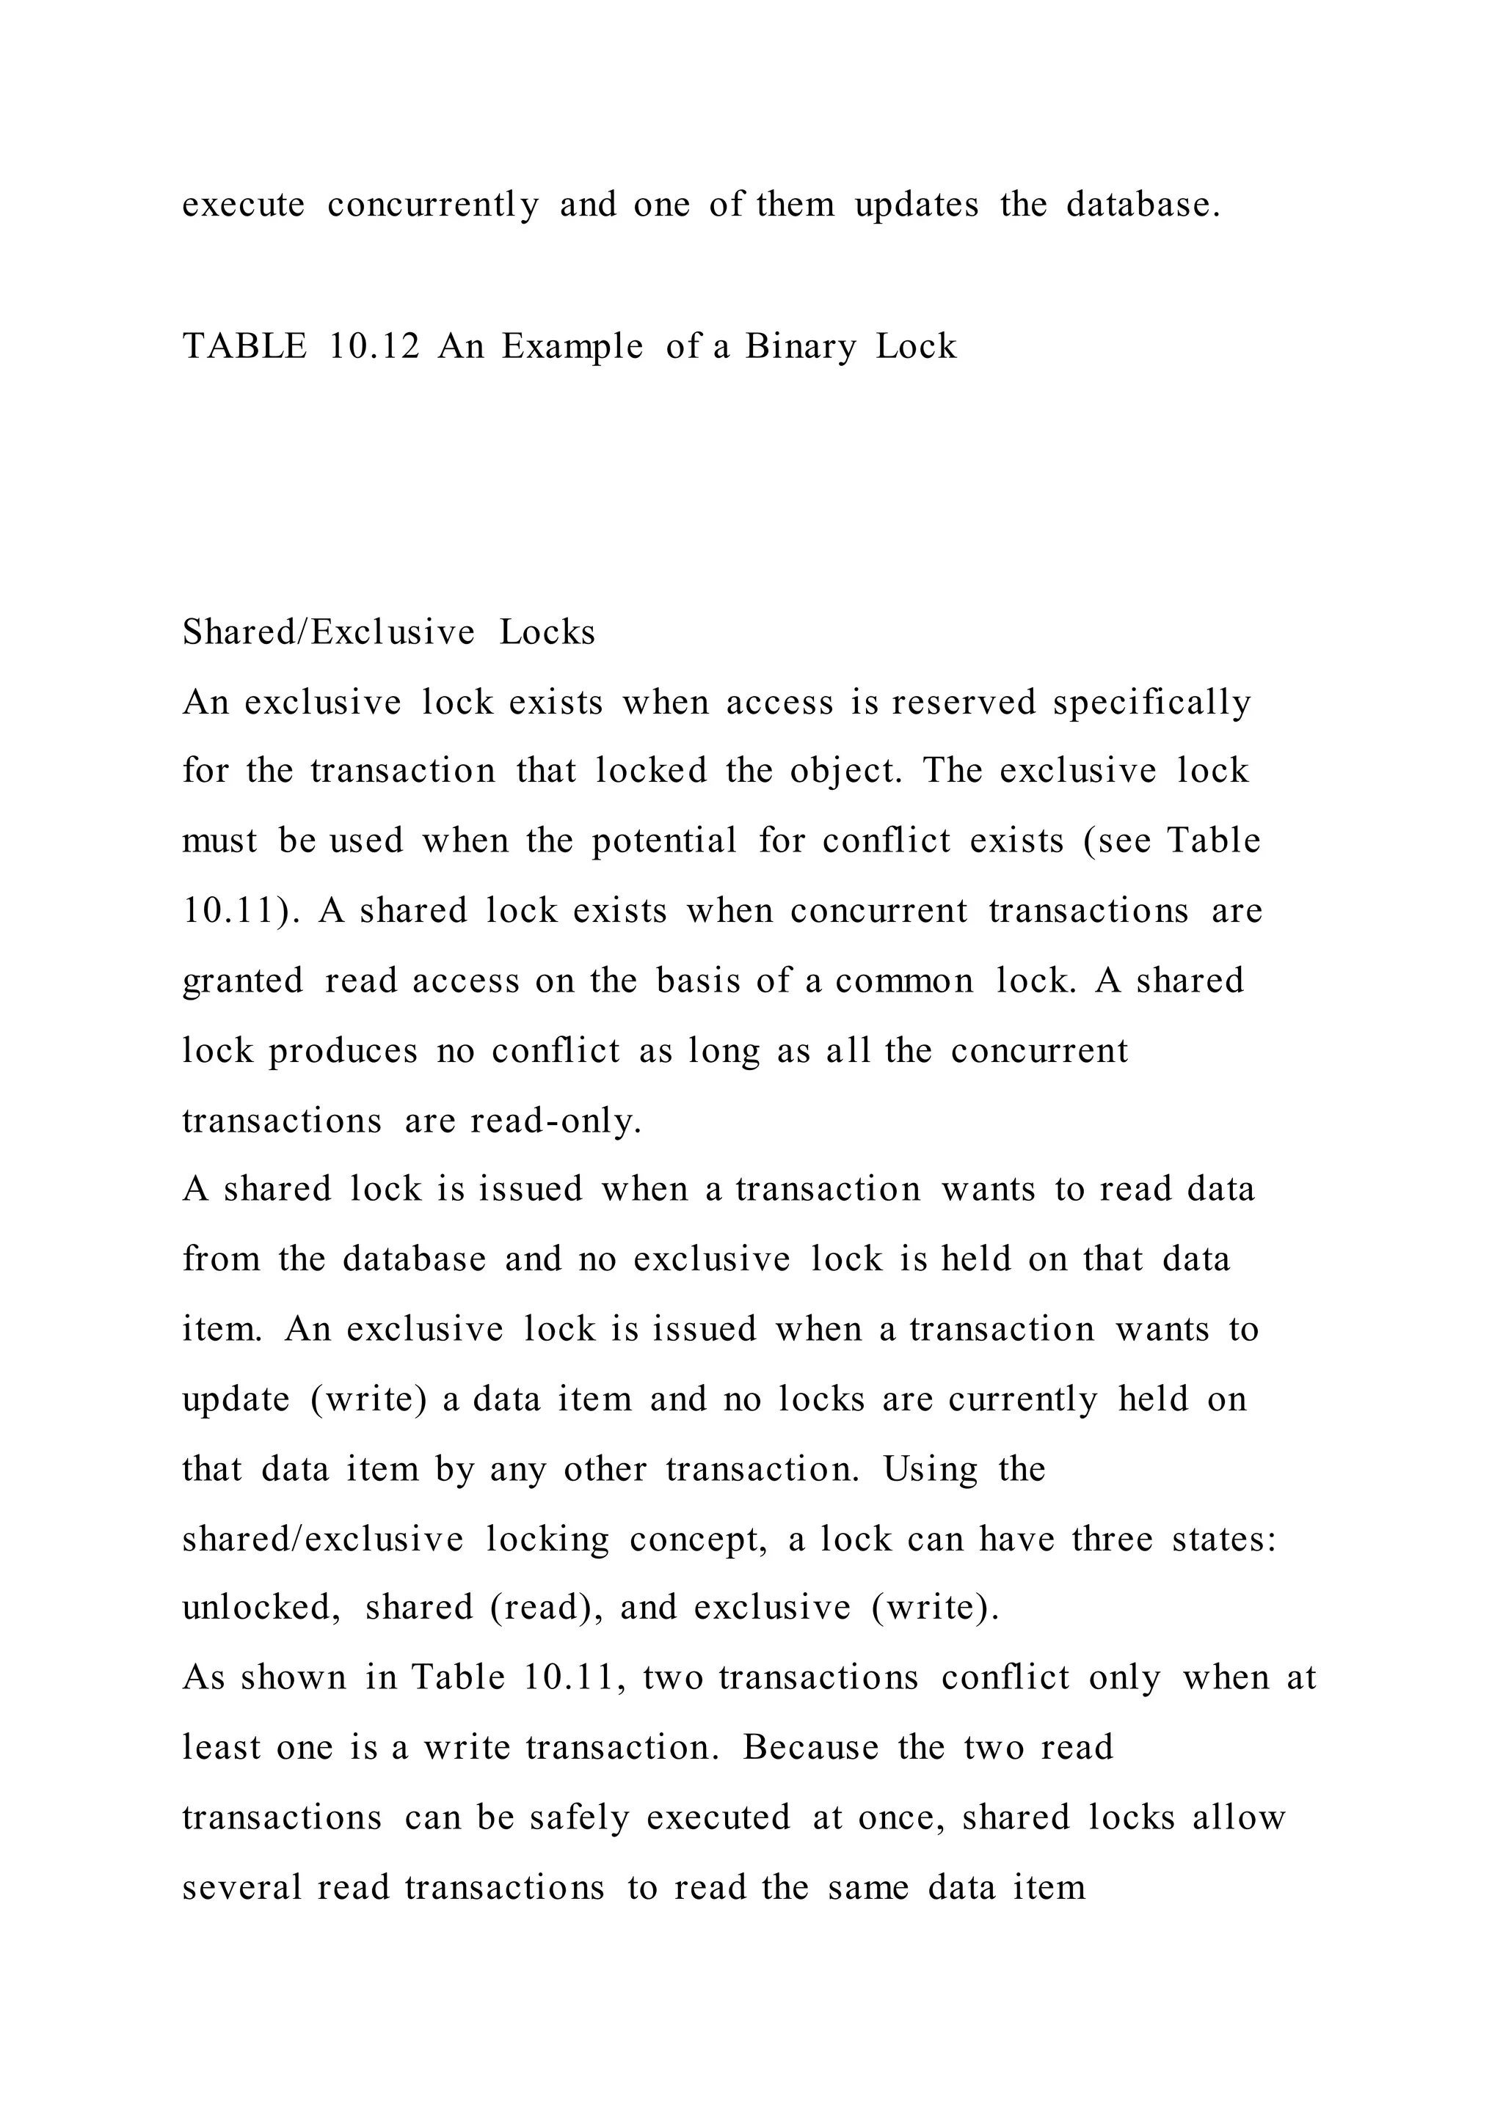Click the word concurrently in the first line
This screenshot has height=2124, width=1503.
(433, 205)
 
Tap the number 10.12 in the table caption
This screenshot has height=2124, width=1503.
(374, 347)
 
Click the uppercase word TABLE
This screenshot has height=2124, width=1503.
(244, 347)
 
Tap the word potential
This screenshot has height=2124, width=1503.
(664, 841)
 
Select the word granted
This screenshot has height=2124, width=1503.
(242, 981)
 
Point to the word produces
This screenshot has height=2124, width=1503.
(343, 1051)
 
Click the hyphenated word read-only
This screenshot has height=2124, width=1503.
(556, 1121)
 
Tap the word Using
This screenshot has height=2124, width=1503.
(930, 1470)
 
